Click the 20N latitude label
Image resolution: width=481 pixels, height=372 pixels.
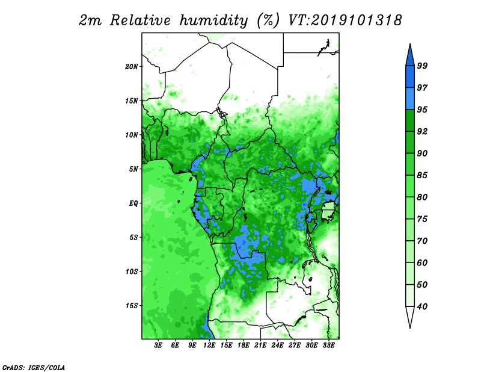point(131,66)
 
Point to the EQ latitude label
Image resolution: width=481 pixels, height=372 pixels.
point(133,203)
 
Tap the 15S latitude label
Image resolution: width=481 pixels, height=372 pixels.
point(131,305)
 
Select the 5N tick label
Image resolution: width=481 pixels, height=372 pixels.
point(133,169)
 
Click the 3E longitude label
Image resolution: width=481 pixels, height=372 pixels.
point(158,345)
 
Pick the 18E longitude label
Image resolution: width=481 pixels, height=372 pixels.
point(244,345)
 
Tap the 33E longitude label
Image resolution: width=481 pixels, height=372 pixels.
point(328,345)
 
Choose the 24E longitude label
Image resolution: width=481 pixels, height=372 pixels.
point(277,345)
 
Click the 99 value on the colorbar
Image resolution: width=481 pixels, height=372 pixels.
point(422,66)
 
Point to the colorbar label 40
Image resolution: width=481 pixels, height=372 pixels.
point(422,306)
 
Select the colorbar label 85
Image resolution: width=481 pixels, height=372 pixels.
point(422,175)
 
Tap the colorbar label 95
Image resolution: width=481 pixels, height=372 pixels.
point(422,110)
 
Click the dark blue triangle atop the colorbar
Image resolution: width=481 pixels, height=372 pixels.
point(410,57)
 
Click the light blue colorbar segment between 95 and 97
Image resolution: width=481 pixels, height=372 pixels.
point(410,99)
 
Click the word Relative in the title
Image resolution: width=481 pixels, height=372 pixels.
point(140,20)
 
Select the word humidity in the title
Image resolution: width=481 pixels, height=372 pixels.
point(213,21)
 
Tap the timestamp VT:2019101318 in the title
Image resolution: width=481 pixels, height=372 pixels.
point(345,20)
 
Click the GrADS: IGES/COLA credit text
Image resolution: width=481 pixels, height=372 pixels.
point(34,367)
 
